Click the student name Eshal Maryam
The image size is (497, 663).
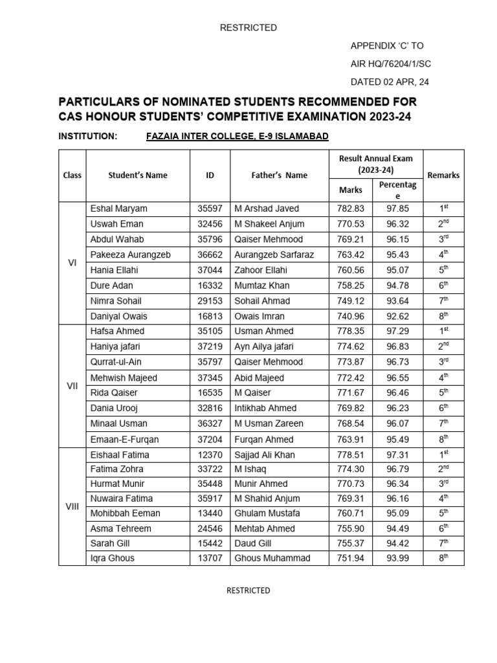tap(118, 208)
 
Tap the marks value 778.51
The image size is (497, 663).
tap(351, 455)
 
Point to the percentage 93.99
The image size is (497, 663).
tap(398, 558)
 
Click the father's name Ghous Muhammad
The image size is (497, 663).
tap(272, 558)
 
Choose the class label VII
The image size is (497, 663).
tap(72, 385)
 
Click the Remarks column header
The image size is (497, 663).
tap(443, 175)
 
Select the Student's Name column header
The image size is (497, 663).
tap(137, 175)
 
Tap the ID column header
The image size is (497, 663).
tap(210, 175)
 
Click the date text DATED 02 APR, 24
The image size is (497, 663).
tap(390, 82)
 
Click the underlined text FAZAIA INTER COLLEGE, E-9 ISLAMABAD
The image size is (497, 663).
tap(237, 136)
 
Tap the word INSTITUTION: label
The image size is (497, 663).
tap(88, 136)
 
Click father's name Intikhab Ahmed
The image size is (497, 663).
tap(265, 408)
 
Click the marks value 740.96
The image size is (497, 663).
tap(351, 317)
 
